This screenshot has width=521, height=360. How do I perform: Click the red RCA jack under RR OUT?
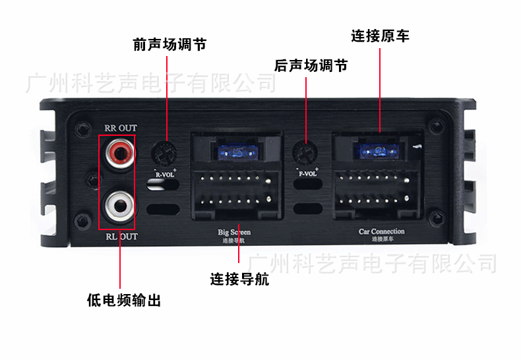(x=119, y=154)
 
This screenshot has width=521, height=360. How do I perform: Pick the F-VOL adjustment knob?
(x=305, y=152)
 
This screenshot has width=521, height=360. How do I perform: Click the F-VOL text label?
(x=307, y=175)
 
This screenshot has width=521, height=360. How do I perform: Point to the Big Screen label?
(x=234, y=232)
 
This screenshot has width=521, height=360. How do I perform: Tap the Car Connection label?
(x=381, y=231)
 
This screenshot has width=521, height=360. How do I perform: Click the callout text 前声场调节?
(x=169, y=45)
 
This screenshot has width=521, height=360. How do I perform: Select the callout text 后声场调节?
(x=311, y=66)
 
